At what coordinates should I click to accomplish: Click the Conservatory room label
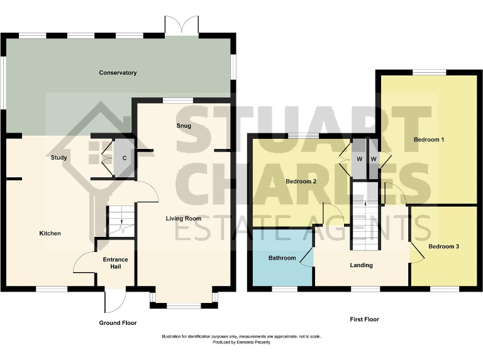pyautogui.click(x=118, y=73)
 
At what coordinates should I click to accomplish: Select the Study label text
pyautogui.click(x=59, y=158)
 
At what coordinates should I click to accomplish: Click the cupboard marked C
pyautogui.click(x=125, y=158)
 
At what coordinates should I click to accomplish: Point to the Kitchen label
pyautogui.click(x=50, y=233)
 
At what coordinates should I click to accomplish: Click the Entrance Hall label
pyautogui.click(x=115, y=263)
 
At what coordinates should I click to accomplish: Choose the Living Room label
pyautogui.click(x=183, y=219)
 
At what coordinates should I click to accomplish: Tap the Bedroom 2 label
pyautogui.click(x=301, y=182)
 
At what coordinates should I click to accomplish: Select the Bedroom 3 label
pyautogui.click(x=443, y=246)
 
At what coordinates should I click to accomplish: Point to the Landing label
pyautogui.click(x=361, y=265)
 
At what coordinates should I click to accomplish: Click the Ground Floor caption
pyautogui.click(x=118, y=322)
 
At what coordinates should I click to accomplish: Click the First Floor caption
pyautogui.click(x=364, y=319)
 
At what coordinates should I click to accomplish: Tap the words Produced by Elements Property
pyautogui.click(x=241, y=343)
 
